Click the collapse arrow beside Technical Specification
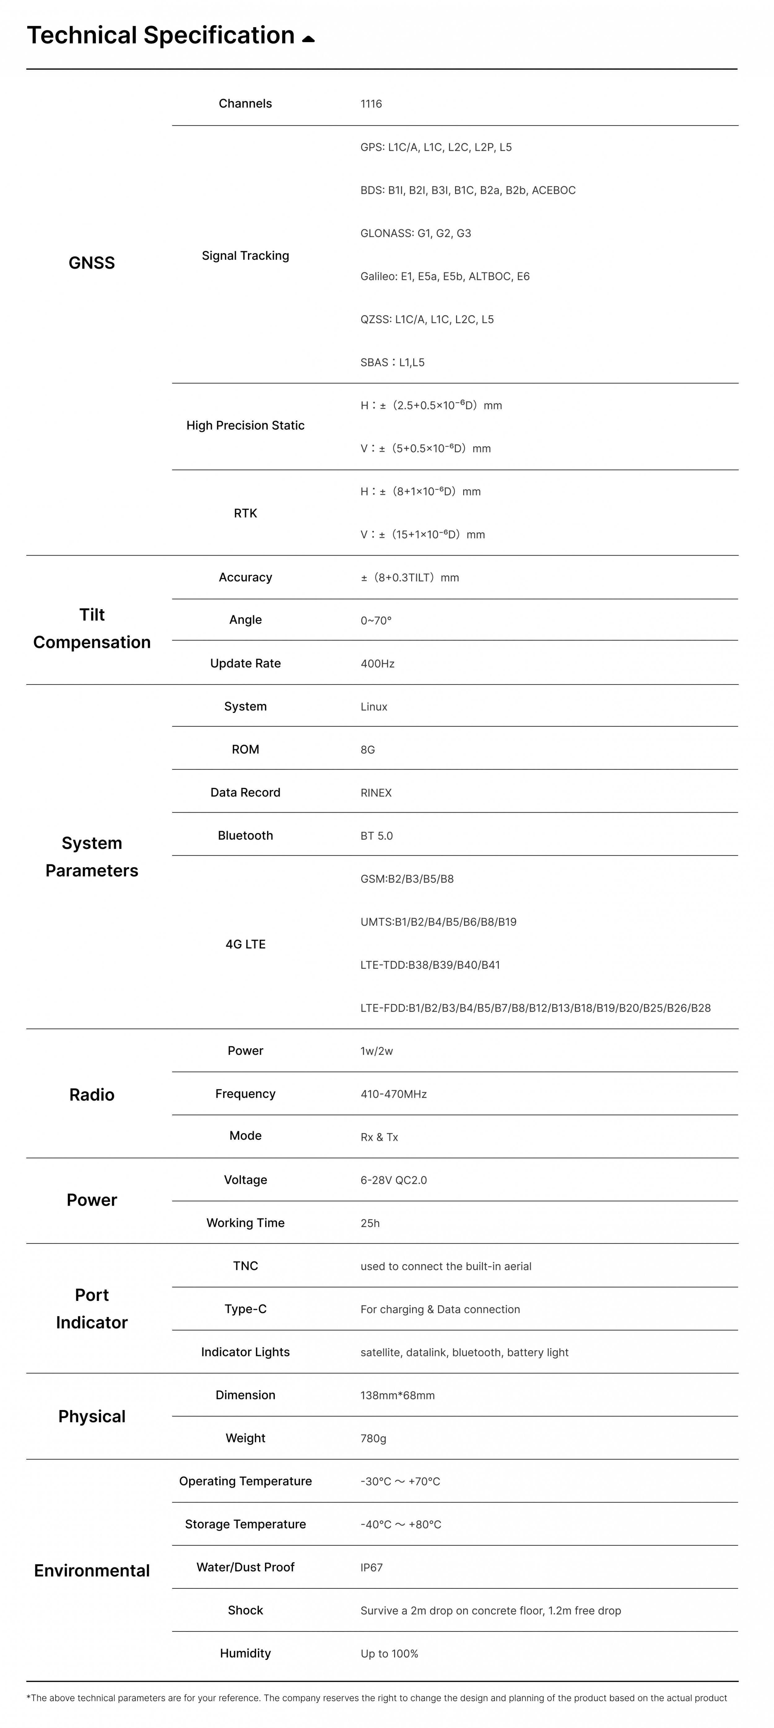tap(308, 39)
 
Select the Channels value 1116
tap(371, 104)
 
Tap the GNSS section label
tap(92, 263)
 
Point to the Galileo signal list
tap(445, 276)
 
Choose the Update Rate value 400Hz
tap(377, 663)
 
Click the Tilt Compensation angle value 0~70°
tap(376, 621)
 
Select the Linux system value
tap(374, 706)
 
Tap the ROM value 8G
tap(367, 749)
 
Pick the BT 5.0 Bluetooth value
tap(376, 836)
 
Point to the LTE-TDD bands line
tap(430, 965)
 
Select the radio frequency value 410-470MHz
tap(393, 1094)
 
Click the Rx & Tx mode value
tap(379, 1137)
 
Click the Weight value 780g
tap(373, 1438)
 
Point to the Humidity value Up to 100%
tap(389, 1654)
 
